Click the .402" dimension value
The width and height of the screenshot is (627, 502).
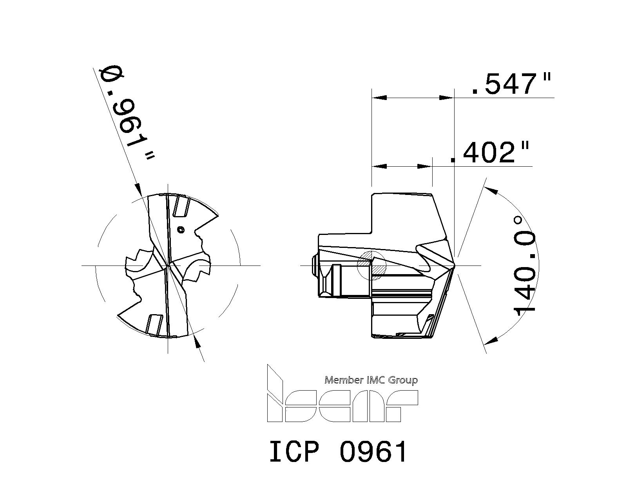click(490, 153)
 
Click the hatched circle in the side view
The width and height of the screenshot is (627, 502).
click(371, 265)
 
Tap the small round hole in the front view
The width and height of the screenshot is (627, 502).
click(180, 230)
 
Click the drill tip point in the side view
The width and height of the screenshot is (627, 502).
click(454, 266)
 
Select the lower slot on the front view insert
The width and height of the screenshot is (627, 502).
click(154, 324)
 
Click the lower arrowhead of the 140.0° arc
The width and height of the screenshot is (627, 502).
click(491, 340)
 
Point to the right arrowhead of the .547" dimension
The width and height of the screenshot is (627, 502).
click(446, 97)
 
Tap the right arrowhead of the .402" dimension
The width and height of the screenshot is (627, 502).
click(424, 167)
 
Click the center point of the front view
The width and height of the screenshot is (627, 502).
click(168, 266)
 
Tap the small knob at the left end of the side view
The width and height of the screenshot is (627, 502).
click(313, 266)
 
